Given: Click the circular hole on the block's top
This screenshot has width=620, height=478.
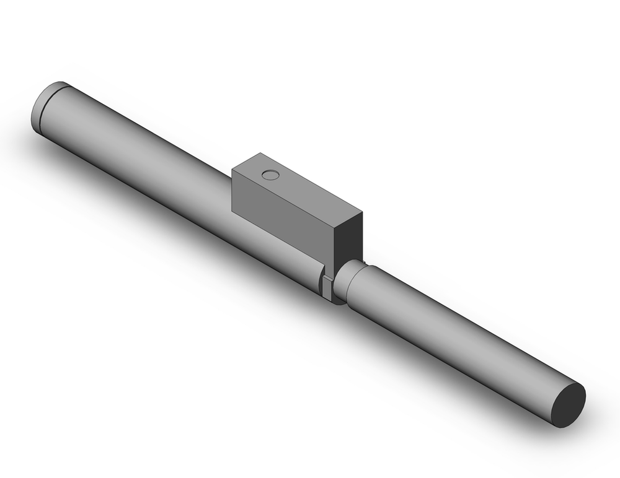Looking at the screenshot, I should pyautogui.click(x=270, y=175).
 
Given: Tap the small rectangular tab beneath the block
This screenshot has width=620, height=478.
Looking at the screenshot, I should pyautogui.click(x=327, y=286).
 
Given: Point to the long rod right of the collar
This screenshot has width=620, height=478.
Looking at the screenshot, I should pyautogui.click(x=459, y=334).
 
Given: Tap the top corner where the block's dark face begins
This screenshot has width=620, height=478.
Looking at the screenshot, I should pyautogui.click(x=335, y=228).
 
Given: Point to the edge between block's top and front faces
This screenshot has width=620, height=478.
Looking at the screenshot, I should pyautogui.click(x=282, y=198).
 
